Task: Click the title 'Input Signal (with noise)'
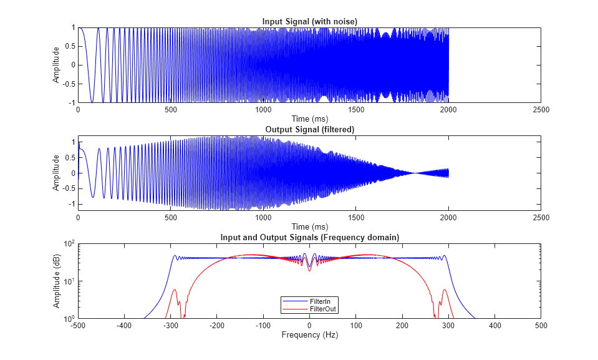pyautogui.click(x=309, y=22)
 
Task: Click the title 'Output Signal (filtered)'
pyautogui.click(x=309, y=129)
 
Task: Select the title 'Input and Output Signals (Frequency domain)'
pyautogui.click(x=309, y=238)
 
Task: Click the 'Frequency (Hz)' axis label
pyautogui.click(x=309, y=335)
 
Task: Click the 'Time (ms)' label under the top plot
pyautogui.click(x=309, y=119)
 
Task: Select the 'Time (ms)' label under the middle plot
pyautogui.click(x=309, y=226)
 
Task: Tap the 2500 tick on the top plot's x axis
pyautogui.click(x=541, y=110)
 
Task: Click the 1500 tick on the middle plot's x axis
pyautogui.click(x=355, y=218)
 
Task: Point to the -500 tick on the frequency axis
pyautogui.click(x=77, y=326)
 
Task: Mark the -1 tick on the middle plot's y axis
pyautogui.click(x=71, y=204)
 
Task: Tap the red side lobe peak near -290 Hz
pyautogui.click(x=175, y=289)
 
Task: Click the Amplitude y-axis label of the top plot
pyautogui.click(x=56, y=65)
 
